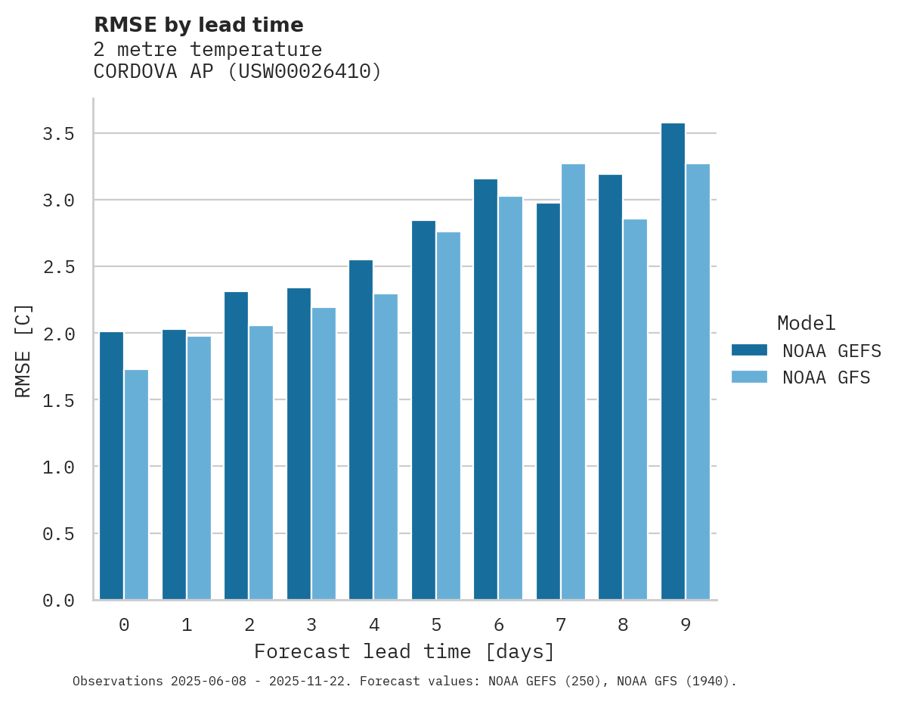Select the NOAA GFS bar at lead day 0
coord(136,484)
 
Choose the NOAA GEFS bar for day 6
coord(485,390)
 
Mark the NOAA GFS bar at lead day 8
coord(635,409)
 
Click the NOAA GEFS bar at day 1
coord(174,464)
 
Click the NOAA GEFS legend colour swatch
coord(749,350)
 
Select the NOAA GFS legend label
coord(826,377)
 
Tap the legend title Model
coord(806,323)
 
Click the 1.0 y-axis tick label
coord(58,467)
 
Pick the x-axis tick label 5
coord(436,625)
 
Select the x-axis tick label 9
coord(686,625)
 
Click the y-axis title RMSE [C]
coord(23,350)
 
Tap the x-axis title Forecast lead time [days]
coord(404,651)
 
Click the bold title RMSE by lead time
coord(198,25)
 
